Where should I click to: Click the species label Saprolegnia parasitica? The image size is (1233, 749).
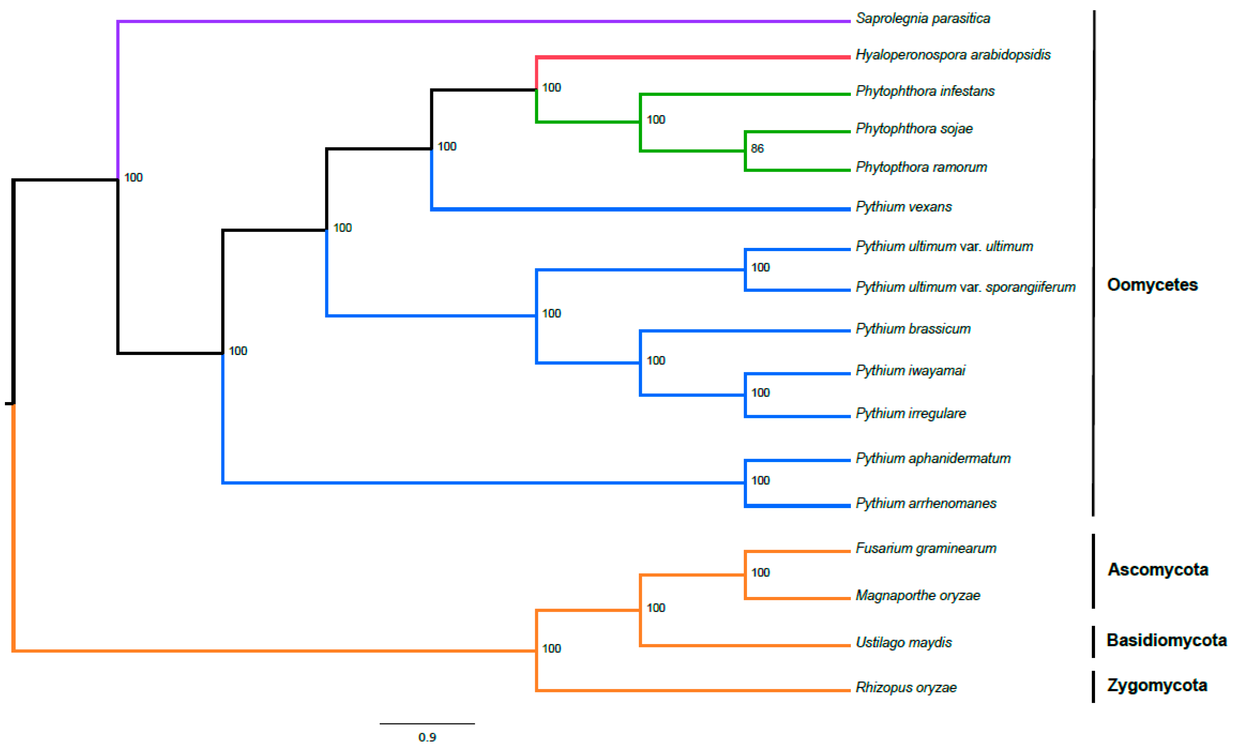[922, 19]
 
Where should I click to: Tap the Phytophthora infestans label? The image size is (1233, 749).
[925, 91]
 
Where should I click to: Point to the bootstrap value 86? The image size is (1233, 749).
[757, 149]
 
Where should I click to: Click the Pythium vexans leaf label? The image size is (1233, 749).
[903, 206]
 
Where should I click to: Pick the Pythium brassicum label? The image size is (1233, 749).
[913, 329]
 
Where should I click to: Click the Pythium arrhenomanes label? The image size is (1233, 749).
[926, 503]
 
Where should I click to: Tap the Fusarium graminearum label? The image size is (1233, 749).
[926, 548]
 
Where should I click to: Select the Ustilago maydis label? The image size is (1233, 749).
[903, 643]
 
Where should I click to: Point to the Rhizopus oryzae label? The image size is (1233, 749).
[906, 688]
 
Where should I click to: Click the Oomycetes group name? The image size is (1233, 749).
[1152, 285]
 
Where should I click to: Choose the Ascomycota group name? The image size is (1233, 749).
[1158, 569]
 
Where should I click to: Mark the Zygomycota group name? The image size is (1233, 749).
[1157, 685]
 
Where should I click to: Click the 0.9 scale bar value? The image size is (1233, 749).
[427, 737]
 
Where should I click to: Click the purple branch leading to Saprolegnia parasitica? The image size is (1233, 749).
[480, 21]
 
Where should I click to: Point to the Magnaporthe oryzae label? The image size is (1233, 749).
[918, 596]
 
